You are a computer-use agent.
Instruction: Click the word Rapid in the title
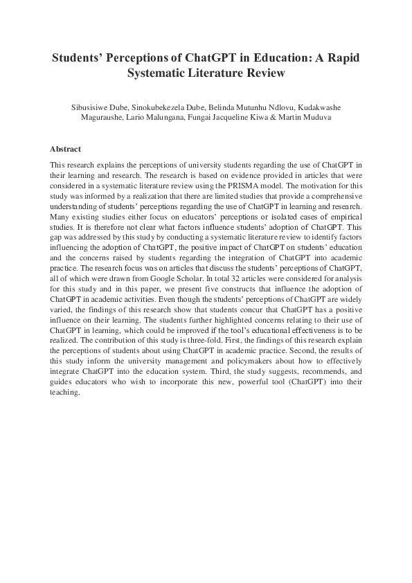(339, 57)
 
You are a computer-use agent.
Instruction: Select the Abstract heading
(66, 149)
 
